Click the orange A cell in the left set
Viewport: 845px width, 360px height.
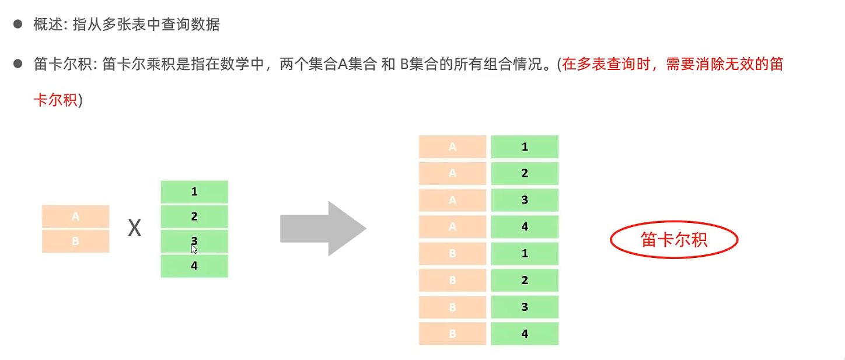pos(75,216)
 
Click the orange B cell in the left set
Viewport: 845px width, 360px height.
pos(75,241)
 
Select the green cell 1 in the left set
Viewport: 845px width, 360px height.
pos(194,191)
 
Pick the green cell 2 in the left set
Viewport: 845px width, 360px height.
pos(194,216)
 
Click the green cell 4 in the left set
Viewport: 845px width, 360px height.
pos(194,266)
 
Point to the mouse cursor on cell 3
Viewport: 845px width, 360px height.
pos(194,249)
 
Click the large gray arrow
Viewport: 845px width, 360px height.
pos(323,229)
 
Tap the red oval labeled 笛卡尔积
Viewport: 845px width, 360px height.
pos(674,240)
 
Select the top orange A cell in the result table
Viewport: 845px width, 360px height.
pos(452,147)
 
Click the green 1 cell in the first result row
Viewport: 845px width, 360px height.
pos(525,147)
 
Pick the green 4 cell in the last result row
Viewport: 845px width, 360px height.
pos(525,334)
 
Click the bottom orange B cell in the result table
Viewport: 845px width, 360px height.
pos(452,334)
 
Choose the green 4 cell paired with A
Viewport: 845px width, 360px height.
pos(525,226)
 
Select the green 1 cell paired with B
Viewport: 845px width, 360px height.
pos(525,254)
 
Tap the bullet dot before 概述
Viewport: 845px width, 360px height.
pos(18,25)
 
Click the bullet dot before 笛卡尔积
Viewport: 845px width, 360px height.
pos(18,64)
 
